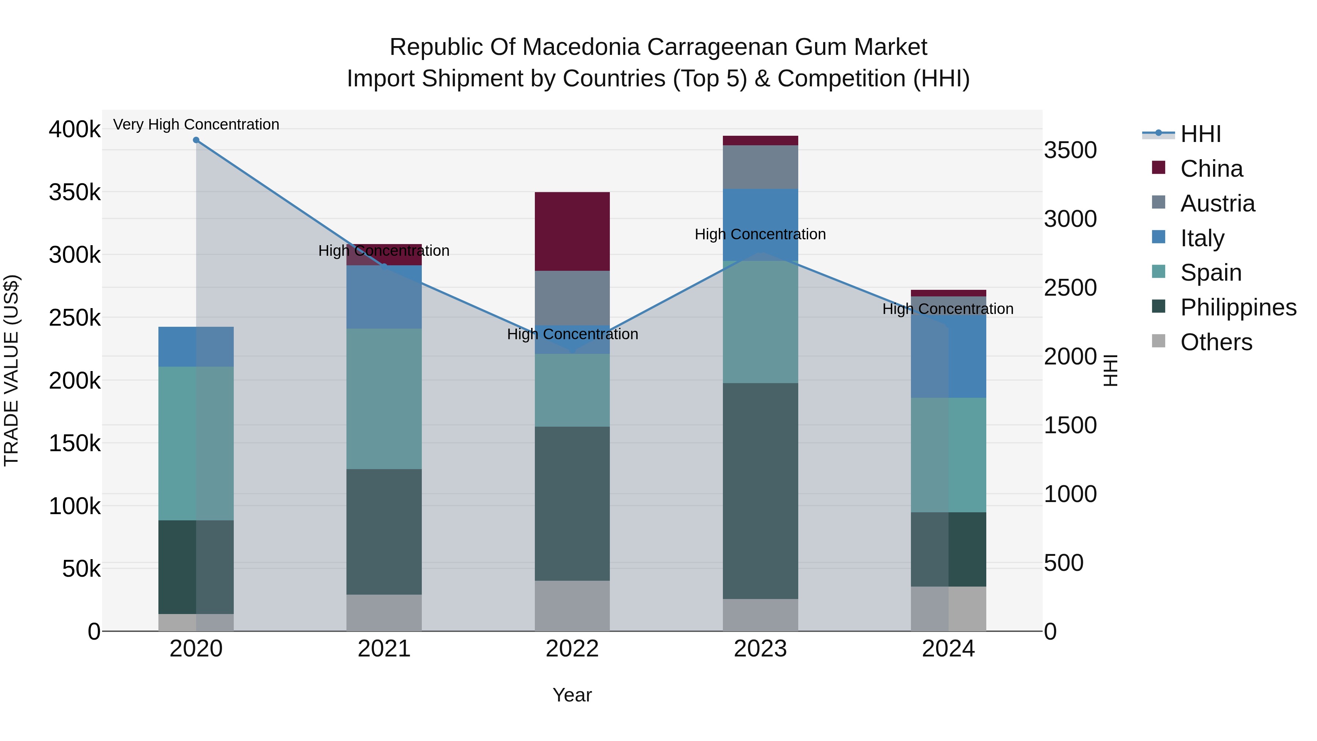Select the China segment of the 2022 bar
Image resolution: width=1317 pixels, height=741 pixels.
click(x=572, y=231)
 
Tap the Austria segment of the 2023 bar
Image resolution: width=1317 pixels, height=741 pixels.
click(x=760, y=167)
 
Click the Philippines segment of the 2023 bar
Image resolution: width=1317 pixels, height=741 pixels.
click(x=760, y=491)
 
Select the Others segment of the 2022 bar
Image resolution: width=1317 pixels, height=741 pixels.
click(x=572, y=606)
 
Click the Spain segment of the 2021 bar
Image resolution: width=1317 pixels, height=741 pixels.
click(x=384, y=399)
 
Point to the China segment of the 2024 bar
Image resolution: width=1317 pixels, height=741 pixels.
click(x=948, y=293)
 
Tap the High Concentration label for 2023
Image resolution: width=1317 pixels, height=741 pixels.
click(x=760, y=234)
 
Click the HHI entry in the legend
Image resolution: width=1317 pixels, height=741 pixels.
click(x=1200, y=134)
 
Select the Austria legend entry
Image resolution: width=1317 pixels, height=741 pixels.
click(x=1217, y=203)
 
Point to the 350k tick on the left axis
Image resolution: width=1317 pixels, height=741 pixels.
click(x=75, y=193)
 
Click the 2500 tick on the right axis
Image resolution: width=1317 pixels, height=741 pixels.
click(x=1070, y=288)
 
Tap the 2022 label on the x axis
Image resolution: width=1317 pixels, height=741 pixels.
click(x=572, y=649)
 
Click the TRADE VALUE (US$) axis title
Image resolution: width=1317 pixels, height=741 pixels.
click(x=11, y=370)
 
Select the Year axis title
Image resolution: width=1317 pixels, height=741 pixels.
click(x=572, y=695)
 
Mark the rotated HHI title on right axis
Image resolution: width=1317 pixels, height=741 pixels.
click(x=1110, y=370)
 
